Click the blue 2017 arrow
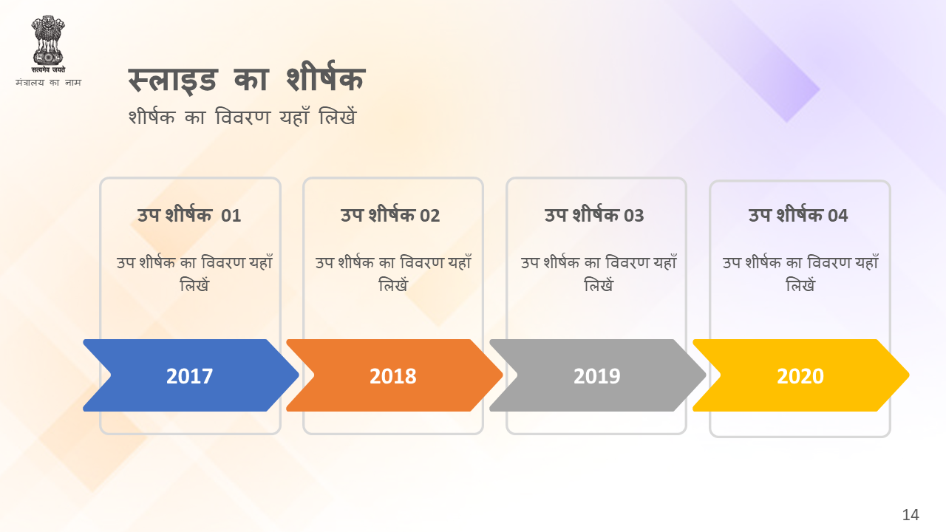(191, 375)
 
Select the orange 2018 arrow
(395, 375)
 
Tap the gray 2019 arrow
(598, 375)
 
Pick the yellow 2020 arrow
(801, 375)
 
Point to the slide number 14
(911, 515)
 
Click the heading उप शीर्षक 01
(189, 215)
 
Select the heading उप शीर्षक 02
(390, 215)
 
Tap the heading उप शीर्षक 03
(594, 215)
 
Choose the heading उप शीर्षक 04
(798, 215)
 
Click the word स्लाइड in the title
(172, 79)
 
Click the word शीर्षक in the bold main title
(326, 77)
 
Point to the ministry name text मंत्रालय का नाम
(48, 82)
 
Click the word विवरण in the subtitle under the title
(242, 117)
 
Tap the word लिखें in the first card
(194, 285)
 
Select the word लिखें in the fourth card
(800, 285)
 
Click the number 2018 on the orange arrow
(392, 376)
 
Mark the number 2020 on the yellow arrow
(800, 376)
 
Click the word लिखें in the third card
(599, 285)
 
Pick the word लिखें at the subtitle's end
(338, 116)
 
